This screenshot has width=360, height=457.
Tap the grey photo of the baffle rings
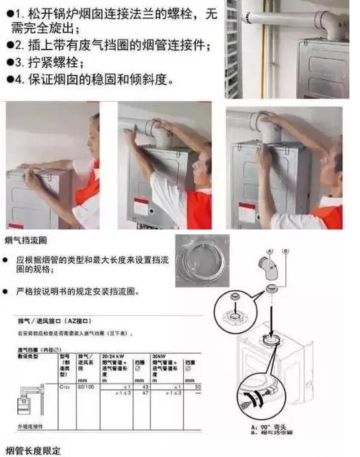pos(202,261)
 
